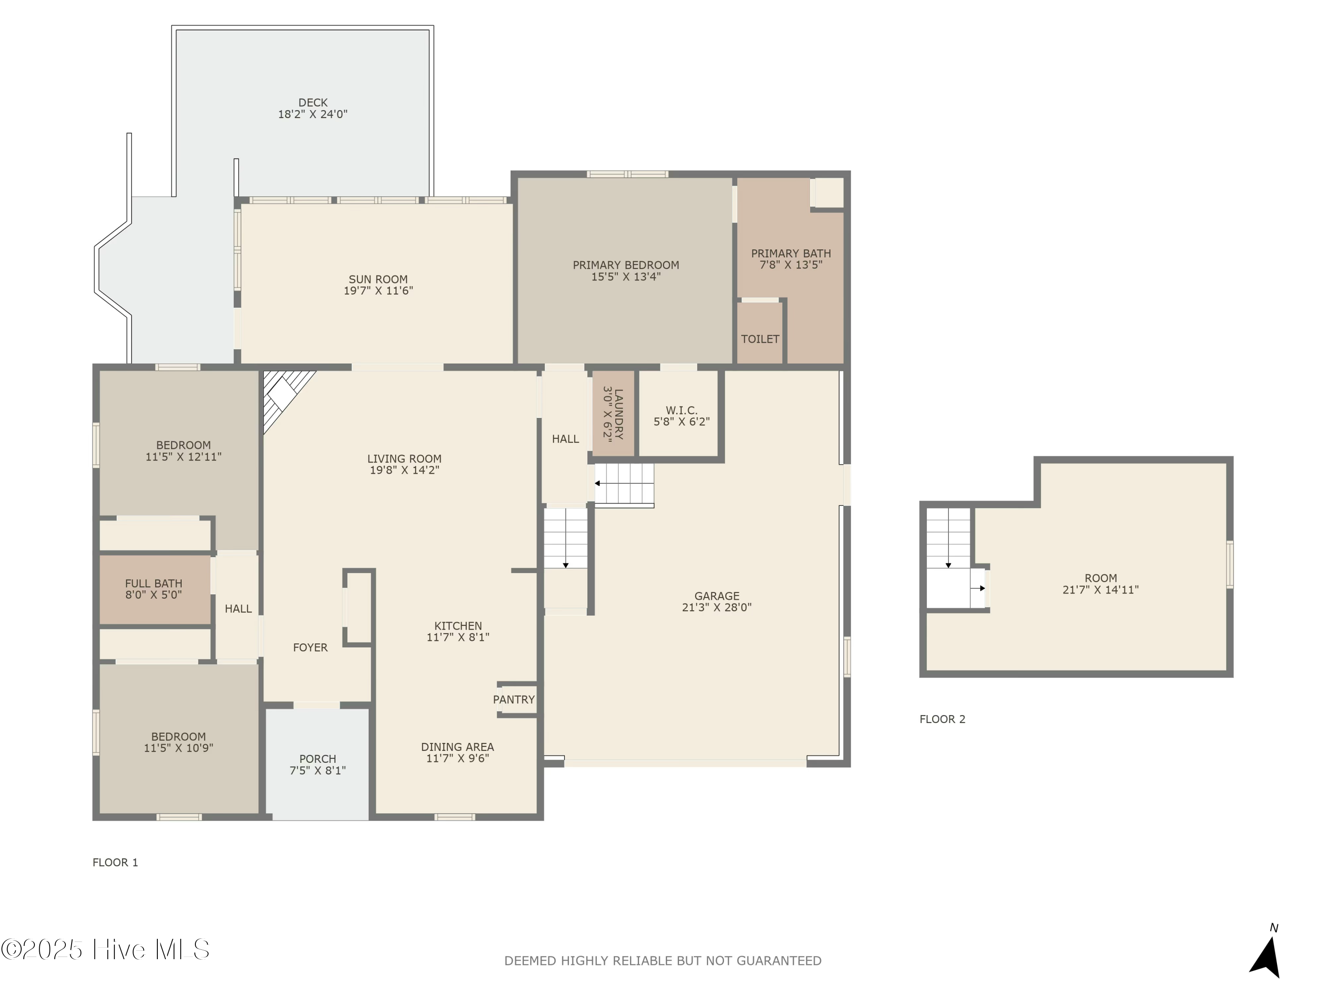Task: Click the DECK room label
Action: click(x=313, y=103)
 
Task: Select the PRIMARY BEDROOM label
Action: click(x=626, y=265)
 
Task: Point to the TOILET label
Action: click(x=760, y=339)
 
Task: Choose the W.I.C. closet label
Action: click(x=682, y=410)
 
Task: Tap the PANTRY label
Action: click(x=514, y=699)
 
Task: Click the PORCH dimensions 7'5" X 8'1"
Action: click(x=318, y=770)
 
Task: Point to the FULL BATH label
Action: click(x=153, y=583)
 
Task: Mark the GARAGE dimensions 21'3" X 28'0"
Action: click(x=716, y=607)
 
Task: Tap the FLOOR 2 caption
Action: click(x=942, y=719)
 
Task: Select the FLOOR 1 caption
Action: click(x=115, y=862)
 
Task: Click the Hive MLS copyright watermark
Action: click(x=106, y=949)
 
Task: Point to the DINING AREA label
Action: click(x=457, y=747)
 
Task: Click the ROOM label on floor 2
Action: click(x=1101, y=578)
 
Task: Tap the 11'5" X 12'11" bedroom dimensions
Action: click(x=183, y=456)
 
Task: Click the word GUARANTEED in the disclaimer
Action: click(x=779, y=961)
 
